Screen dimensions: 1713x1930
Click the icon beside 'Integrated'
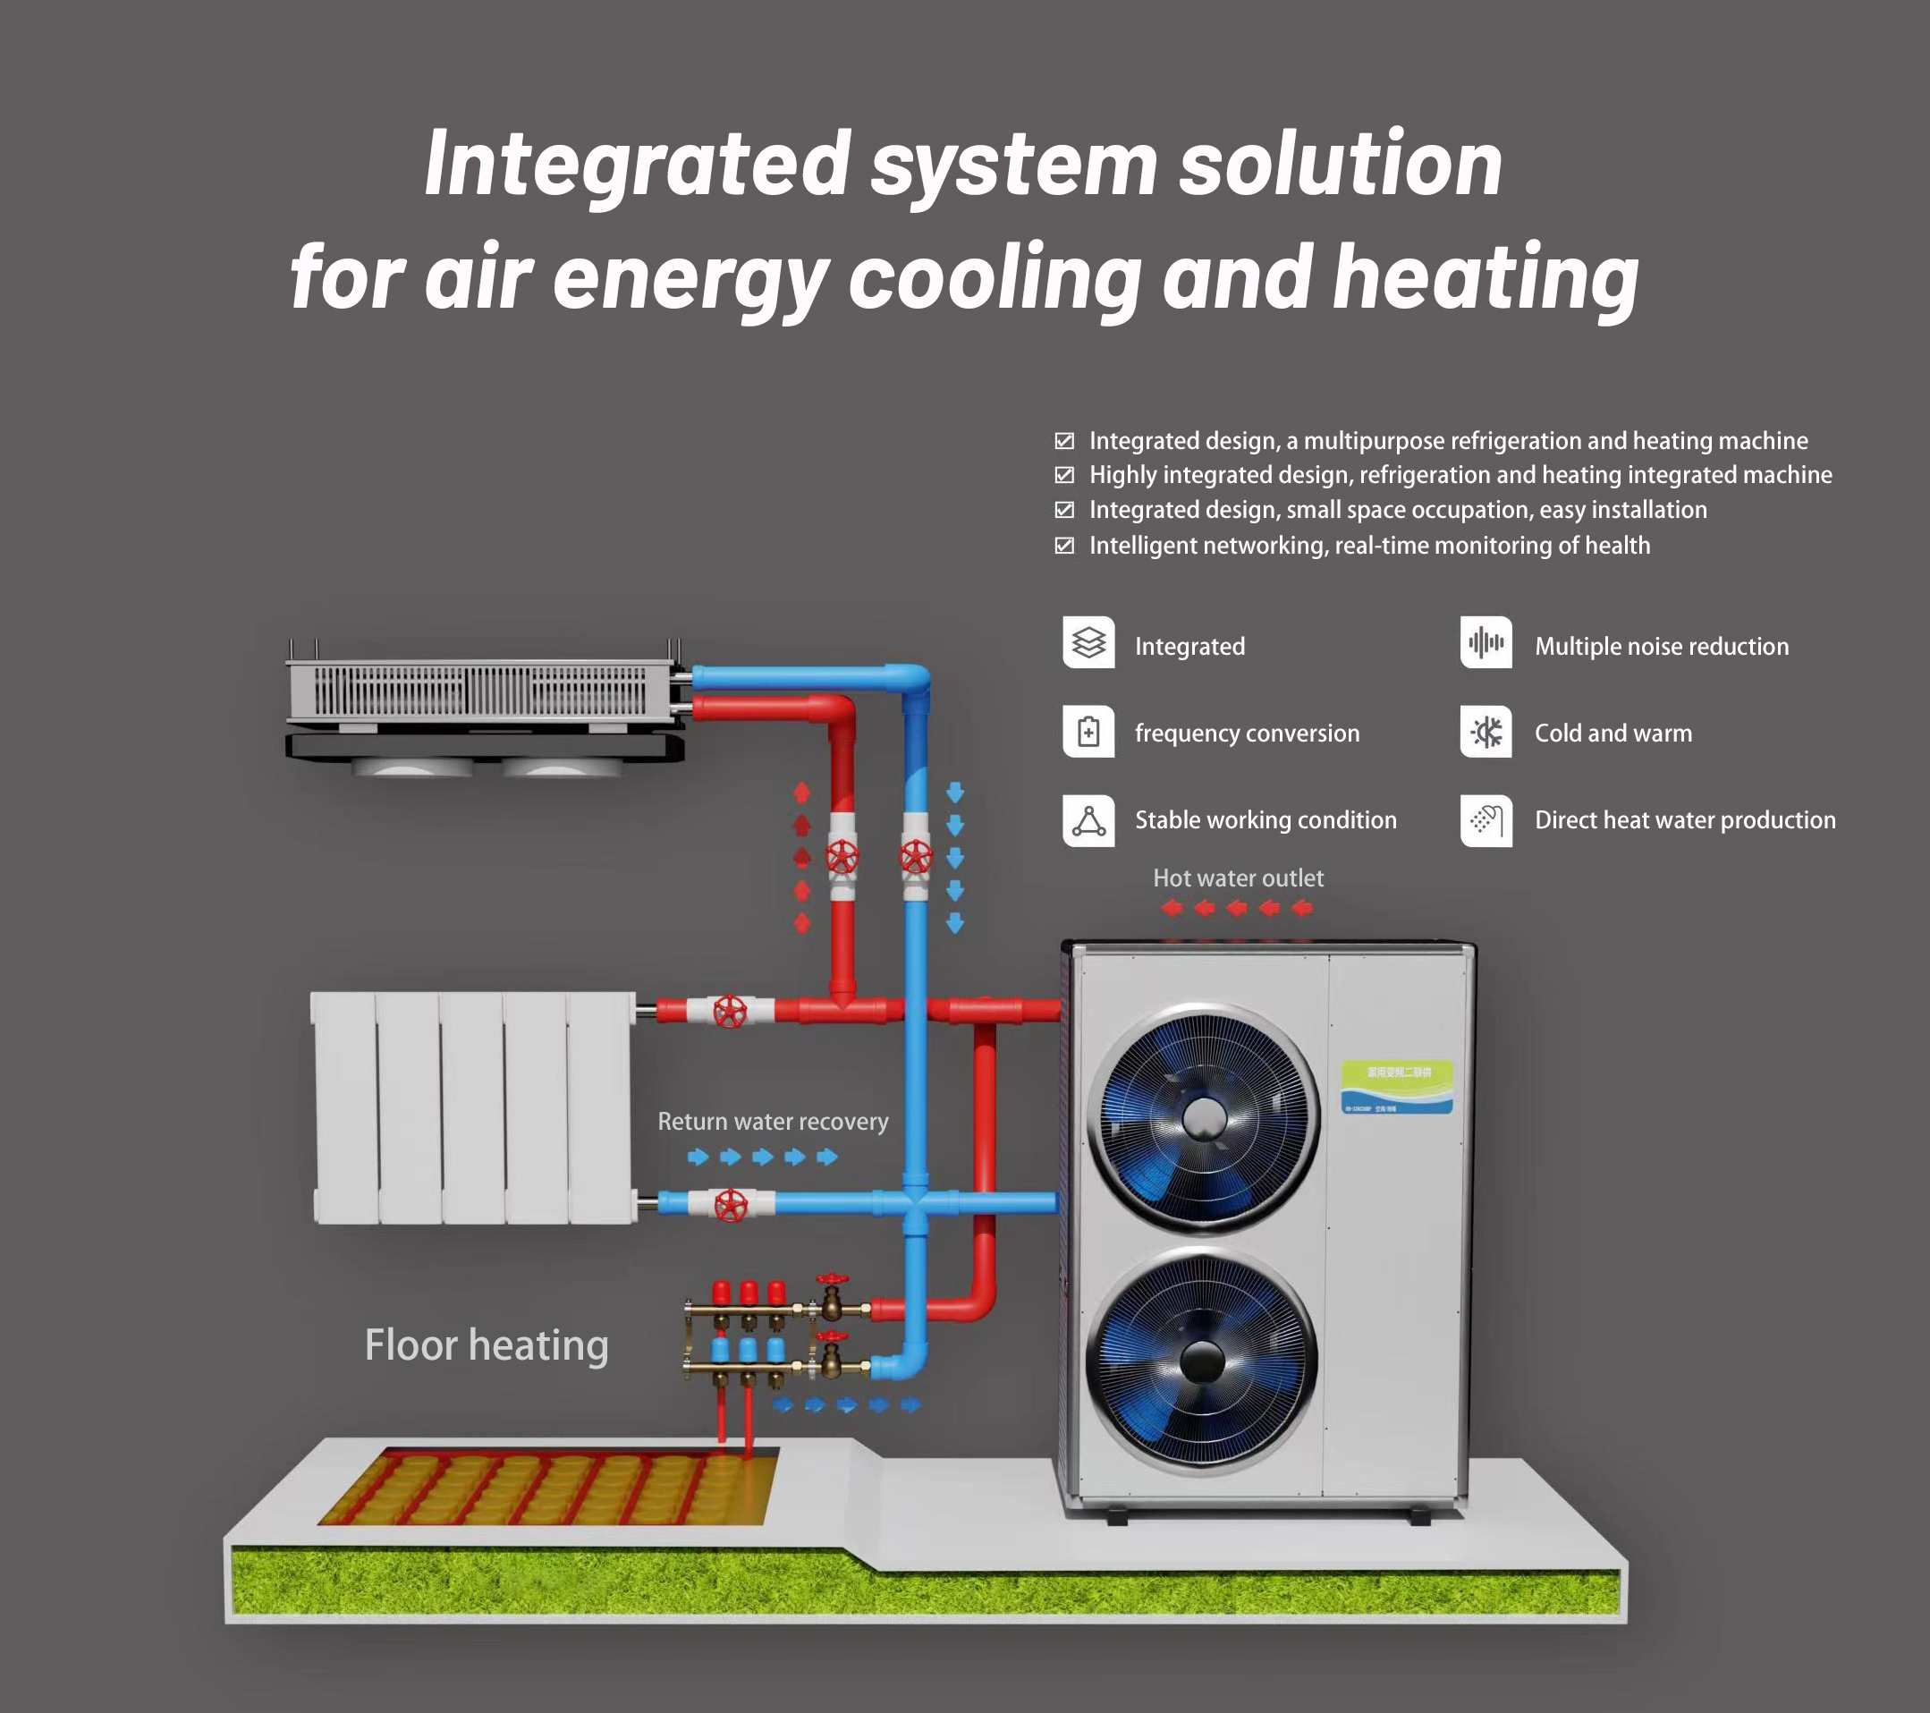click(1088, 642)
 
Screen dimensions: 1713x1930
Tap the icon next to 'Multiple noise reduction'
click(1486, 642)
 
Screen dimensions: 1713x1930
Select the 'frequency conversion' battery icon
click(1088, 731)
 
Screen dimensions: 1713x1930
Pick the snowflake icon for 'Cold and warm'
click(1486, 731)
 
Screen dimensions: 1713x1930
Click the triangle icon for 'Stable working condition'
click(1088, 819)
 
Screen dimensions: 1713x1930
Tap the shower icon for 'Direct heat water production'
click(1486, 819)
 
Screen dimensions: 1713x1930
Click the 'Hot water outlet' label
click(1238, 878)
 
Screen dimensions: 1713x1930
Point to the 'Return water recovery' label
click(773, 1122)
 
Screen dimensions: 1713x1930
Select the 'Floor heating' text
click(487, 1344)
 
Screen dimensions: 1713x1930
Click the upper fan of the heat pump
click(1203, 1119)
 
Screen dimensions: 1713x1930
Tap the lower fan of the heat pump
click(1202, 1360)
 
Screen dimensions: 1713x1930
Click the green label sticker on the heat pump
click(1396, 1087)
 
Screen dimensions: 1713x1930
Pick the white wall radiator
click(472, 1107)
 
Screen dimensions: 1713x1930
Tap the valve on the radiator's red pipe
click(730, 1012)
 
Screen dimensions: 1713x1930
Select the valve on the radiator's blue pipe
click(730, 1205)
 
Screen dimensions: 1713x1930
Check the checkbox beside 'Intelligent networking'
click(1064, 546)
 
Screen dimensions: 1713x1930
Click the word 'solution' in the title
click(1340, 165)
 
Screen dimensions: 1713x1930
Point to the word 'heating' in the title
click(1486, 277)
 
